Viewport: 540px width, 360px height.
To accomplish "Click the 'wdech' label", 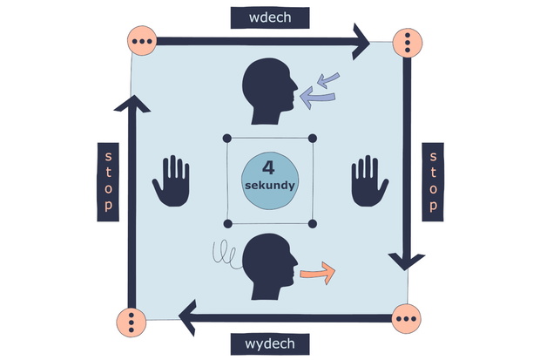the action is pyautogui.click(x=270, y=17).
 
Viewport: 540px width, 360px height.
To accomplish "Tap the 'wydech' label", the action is pyautogui.click(x=270, y=343).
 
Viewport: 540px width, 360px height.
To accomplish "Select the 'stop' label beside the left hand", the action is pyautogui.click(x=108, y=181).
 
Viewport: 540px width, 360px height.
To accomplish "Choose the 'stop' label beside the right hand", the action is pyautogui.click(x=433, y=181).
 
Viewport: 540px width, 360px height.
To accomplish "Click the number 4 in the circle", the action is pyautogui.click(x=268, y=168).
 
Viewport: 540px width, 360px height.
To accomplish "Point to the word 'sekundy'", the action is pyautogui.click(x=270, y=186).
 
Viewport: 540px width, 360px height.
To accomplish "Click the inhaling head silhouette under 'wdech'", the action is pyautogui.click(x=270, y=91).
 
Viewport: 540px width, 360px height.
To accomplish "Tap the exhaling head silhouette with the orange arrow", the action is pyautogui.click(x=270, y=266).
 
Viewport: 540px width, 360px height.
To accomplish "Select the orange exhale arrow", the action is pyautogui.click(x=318, y=273).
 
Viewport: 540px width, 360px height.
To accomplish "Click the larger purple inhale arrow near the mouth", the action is pyautogui.click(x=317, y=98).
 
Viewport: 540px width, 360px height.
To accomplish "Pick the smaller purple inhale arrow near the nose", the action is pyautogui.click(x=328, y=80).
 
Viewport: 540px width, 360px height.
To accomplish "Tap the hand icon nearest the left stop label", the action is pyautogui.click(x=172, y=180).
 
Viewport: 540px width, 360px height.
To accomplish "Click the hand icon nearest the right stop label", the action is pyautogui.click(x=370, y=180).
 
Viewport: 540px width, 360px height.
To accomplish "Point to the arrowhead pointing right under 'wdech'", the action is pyautogui.click(x=361, y=42).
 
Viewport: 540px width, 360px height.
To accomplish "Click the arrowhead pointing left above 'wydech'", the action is pyautogui.click(x=187, y=317).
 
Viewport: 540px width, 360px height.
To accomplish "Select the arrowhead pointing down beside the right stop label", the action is pyautogui.click(x=407, y=262).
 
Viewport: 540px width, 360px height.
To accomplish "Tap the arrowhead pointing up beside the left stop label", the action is pyautogui.click(x=132, y=104).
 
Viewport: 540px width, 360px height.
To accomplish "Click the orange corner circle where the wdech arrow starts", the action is pyautogui.click(x=142, y=41).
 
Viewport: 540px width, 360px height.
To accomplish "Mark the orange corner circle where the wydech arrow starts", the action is pyautogui.click(x=407, y=319).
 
